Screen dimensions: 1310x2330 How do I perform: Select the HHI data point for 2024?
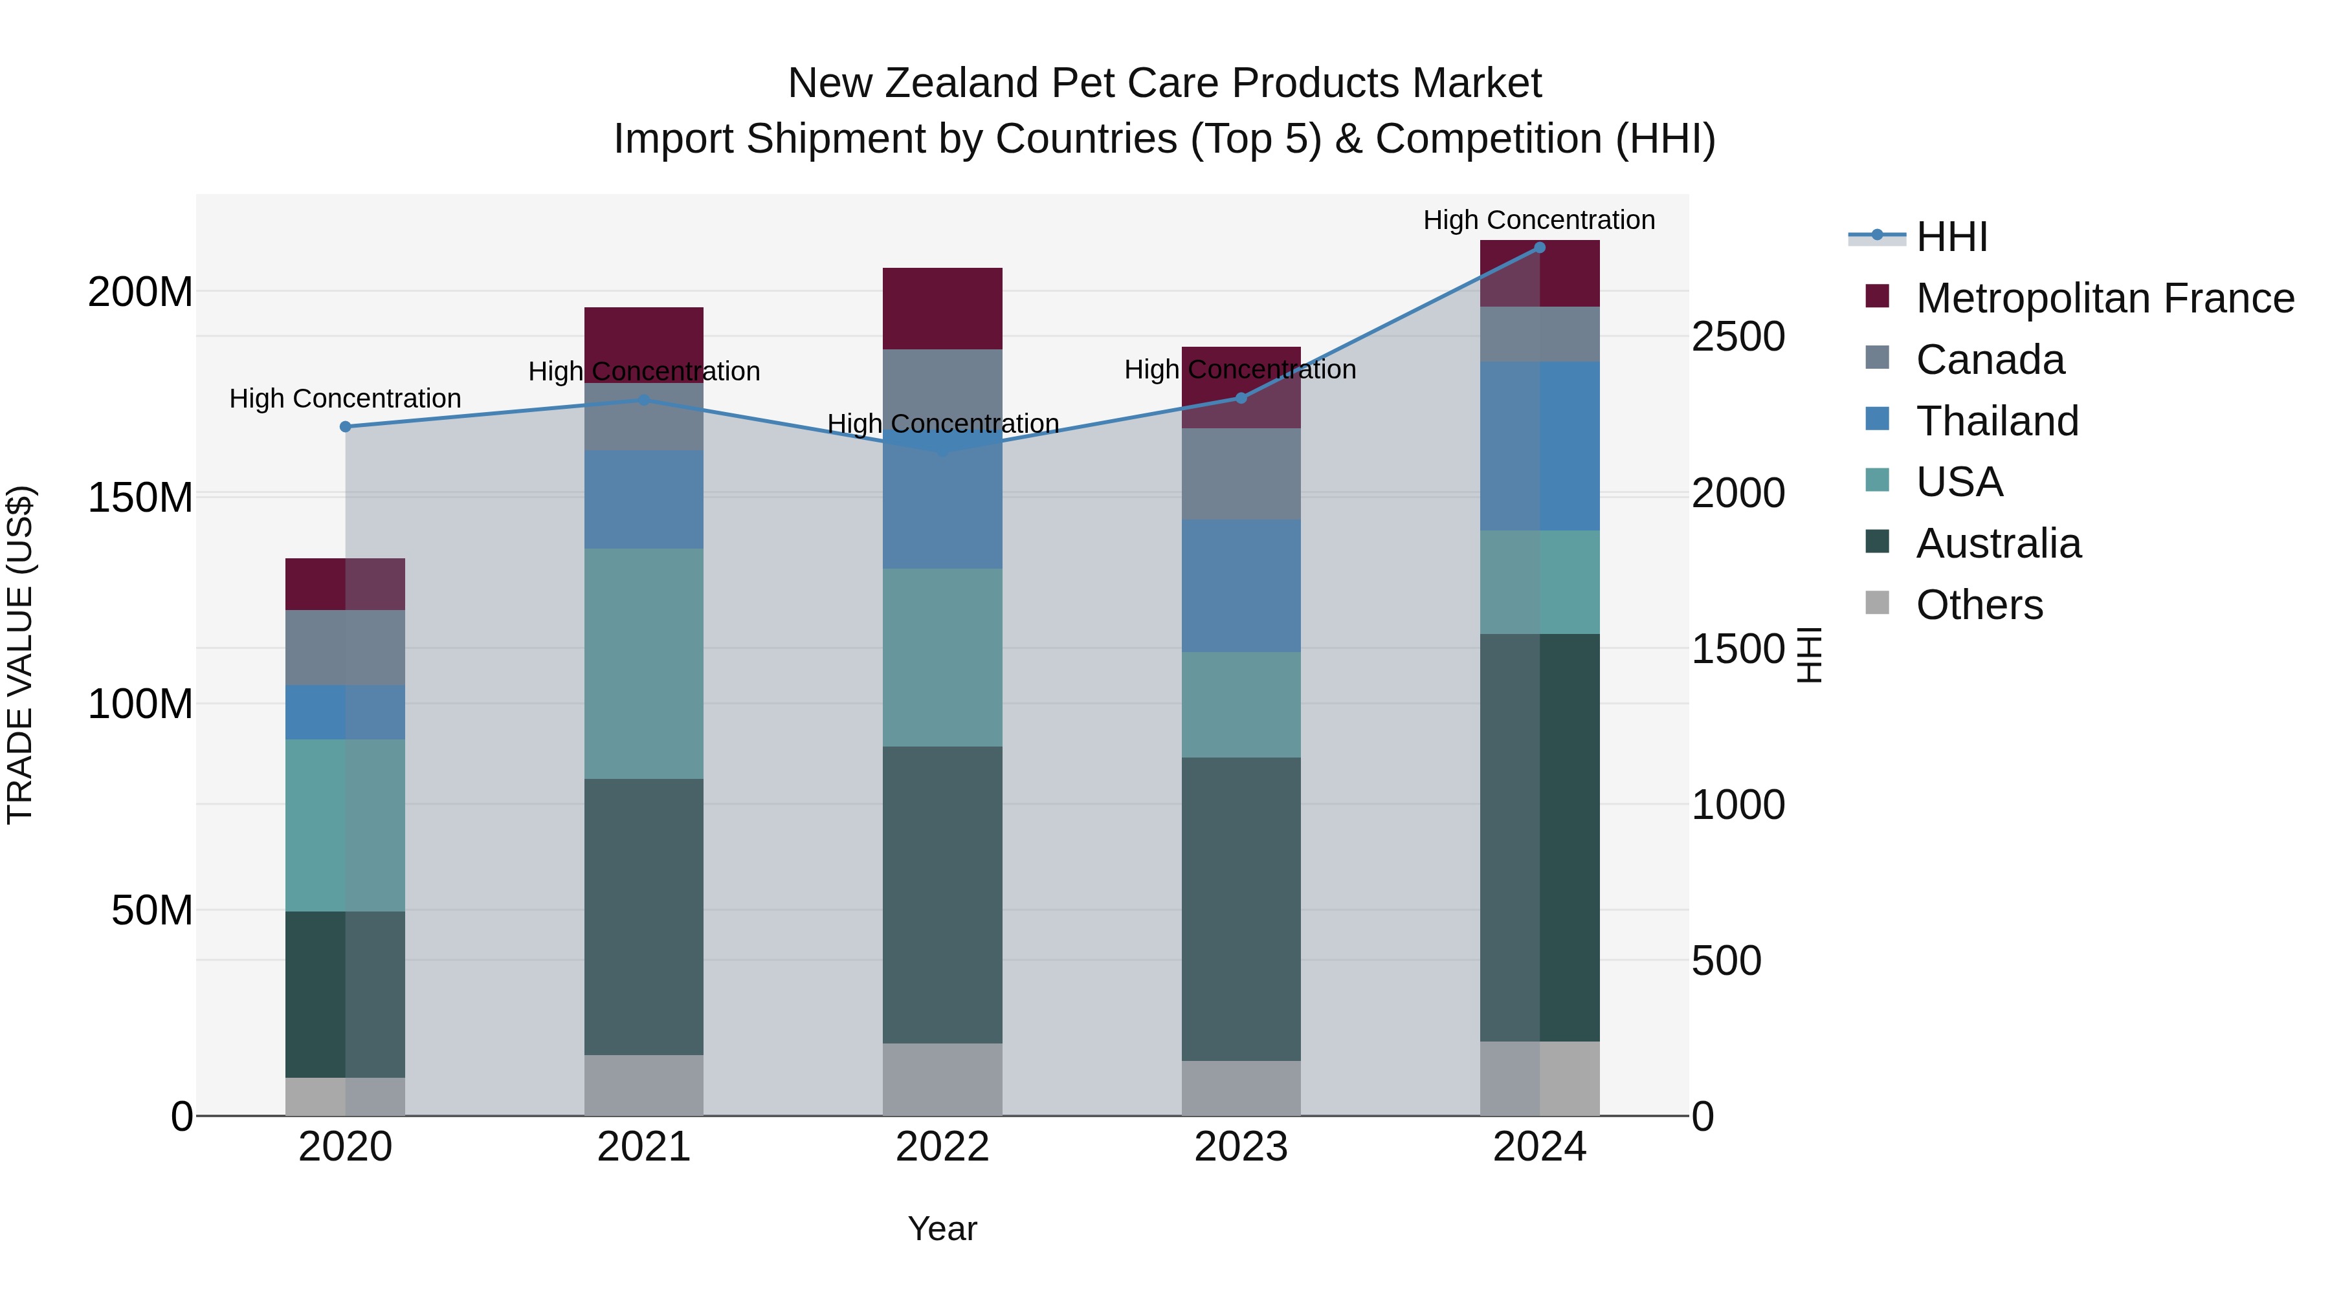(x=1540, y=248)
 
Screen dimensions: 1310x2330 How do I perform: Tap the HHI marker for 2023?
(x=1241, y=398)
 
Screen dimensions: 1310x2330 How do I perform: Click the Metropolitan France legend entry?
(x=2104, y=298)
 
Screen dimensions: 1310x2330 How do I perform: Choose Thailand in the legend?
(x=1997, y=421)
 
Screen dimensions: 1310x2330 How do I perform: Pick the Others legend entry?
(x=1979, y=605)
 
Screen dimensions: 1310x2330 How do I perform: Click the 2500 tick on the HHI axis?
(x=1738, y=337)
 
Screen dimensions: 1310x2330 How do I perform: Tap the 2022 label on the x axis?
(x=942, y=1147)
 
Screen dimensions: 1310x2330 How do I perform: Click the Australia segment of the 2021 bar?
(x=643, y=916)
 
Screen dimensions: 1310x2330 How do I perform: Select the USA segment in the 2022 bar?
(x=942, y=657)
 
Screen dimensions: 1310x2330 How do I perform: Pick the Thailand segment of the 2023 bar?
(x=1241, y=586)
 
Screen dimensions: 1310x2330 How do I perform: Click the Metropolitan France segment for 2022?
(x=942, y=309)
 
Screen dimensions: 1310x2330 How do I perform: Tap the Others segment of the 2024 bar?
(x=1540, y=1078)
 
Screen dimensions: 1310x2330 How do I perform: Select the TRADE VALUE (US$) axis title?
(x=20, y=655)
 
